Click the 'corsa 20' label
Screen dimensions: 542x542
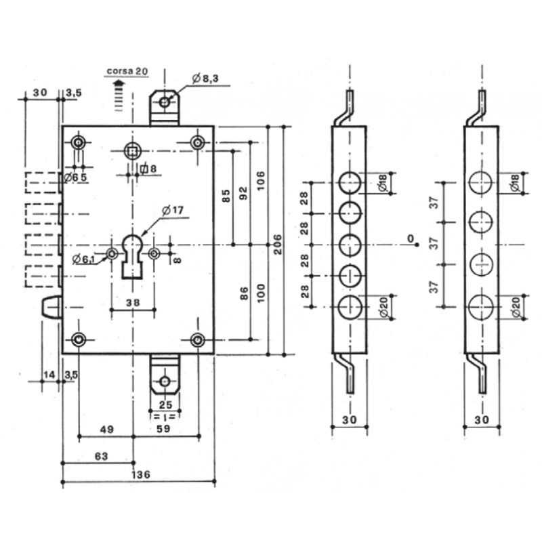[x=127, y=71]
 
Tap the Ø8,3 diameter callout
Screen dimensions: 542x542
[x=205, y=79]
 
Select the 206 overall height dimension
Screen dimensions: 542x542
[x=278, y=245]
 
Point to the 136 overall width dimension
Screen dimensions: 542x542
[x=141, y=474]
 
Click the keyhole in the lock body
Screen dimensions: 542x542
[x=132, y=256]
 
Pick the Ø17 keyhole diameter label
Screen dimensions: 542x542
[x=173, y=210]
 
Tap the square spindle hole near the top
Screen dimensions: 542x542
[x=133, y=150]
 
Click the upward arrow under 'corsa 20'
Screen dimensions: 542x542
[x=119, y=96]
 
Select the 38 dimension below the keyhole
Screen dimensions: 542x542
[x=133, y=303]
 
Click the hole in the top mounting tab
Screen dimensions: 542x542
[x=165, y=102]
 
